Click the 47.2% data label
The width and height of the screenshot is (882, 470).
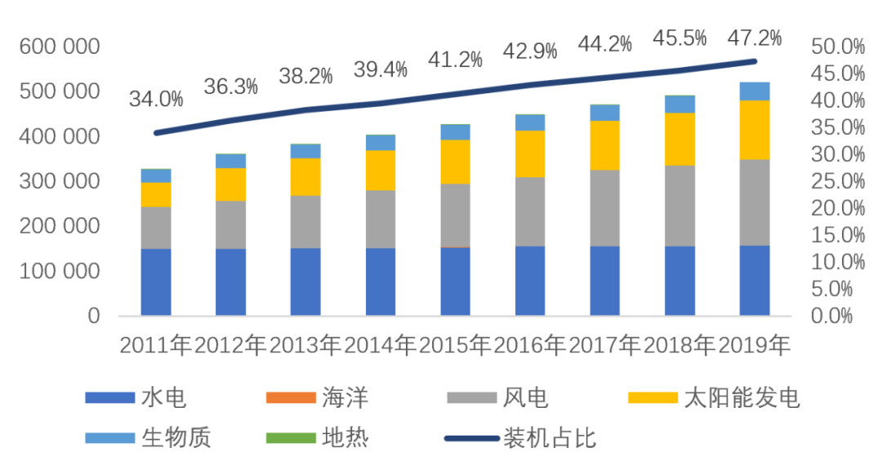point(754,38)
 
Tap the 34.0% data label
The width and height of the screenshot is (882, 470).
point(155,100)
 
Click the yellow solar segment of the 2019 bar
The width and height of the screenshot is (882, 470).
point(755,129)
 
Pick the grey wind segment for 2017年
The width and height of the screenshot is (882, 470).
point(605,208)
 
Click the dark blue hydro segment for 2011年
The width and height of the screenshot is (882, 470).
point(156,282)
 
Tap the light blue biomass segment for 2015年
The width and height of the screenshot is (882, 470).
point(455,132)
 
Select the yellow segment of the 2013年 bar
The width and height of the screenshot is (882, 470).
point(305,177)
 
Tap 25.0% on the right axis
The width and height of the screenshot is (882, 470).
point(837,181)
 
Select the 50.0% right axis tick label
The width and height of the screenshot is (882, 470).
point(837,47)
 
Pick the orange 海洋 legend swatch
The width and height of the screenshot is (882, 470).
point(291,398)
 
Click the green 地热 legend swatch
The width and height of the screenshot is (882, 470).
point(291,438)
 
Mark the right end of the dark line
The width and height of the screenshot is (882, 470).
point(755,61)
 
